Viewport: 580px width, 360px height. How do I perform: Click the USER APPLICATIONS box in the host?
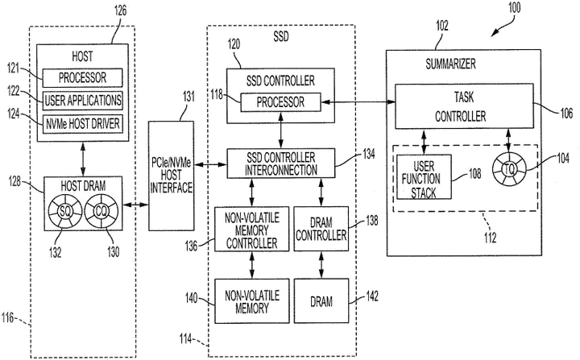pos(84,101)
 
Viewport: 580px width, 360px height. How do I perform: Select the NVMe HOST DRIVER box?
pos(84,122)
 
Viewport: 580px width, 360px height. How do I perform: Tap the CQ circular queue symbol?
pos(101,213)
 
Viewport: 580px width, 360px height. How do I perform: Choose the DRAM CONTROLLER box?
pos(321,229)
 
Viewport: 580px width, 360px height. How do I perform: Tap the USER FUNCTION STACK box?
pos(424,177)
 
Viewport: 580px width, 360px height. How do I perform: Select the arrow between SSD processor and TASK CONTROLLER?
pos(357,102)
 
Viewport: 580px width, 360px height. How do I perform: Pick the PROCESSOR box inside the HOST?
pos(84,79)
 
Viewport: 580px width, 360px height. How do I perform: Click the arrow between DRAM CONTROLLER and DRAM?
pos(321,263)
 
